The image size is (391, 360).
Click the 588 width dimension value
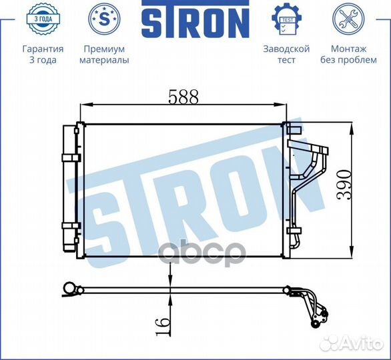pyautogui.click(x=183, y=97)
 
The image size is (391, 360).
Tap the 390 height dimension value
pyautogui.click(x=344, y=185)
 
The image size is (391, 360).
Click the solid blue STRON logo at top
pyautogui.click(x=195, y=19)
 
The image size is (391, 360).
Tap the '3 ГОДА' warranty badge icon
pyautogui.click(x=43, y=19)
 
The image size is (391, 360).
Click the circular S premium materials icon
pyautogui.click(x=104, y=19)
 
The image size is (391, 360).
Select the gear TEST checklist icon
pyautogui.click(x=286, y=19)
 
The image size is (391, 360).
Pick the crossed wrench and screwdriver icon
pyautogui.click(x=348, y=19)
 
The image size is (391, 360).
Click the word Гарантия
pyautogui.click(x=43, y=49)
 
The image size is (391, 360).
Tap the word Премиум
pyautogui.click(x=104, y=49)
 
